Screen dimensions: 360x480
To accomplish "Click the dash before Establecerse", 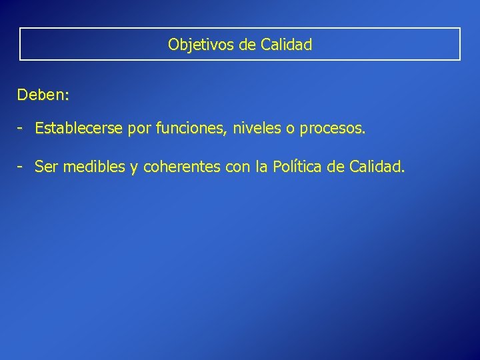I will [x=22, y=128].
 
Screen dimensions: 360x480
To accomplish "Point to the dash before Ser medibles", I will [x=22, y=167].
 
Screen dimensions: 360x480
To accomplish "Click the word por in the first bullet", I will [x=141, y=129].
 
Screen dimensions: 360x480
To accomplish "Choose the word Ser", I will [x=46, y=167].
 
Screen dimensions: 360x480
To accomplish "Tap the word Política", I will [x=299, y=167].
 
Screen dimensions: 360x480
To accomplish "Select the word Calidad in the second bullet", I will [x=376, y=167].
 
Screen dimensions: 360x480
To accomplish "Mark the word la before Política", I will [x=262, y=167].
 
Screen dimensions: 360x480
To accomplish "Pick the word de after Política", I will [x=338, y=167].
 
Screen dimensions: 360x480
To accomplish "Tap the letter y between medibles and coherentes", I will [x=134, y=168].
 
